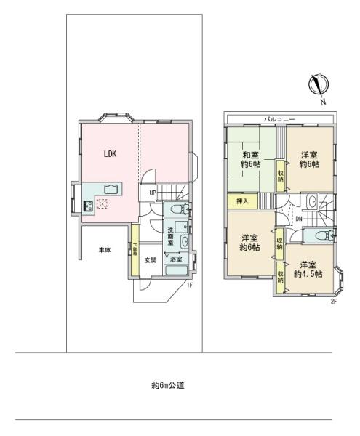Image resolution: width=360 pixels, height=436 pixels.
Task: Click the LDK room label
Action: coord(110,154)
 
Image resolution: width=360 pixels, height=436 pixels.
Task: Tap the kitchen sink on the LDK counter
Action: coord(111,190)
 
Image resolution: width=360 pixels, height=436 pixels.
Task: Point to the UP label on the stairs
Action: coord(153,193)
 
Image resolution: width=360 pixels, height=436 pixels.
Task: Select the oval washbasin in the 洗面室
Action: coord(185,241)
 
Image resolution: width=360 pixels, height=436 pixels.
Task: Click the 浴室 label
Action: coord(176,259)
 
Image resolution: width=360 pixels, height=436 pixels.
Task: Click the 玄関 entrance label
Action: coord(150,260)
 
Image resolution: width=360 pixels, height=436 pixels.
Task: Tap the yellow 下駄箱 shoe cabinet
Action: coord(135,251)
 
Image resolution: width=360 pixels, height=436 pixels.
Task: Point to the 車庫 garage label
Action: coord(105,251)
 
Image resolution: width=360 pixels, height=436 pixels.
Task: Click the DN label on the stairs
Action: coord(299,217)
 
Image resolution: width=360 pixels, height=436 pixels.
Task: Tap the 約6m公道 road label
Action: coord(167,386)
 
